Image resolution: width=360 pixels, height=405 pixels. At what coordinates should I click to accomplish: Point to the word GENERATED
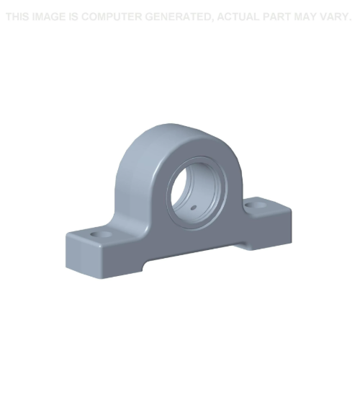click(180, 17)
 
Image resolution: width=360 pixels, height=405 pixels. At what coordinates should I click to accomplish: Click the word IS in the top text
click(75, 17)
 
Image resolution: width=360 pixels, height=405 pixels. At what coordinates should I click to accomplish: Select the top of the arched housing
click(169, 130)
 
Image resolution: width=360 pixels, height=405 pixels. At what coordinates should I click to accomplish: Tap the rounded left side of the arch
click(126, 173)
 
